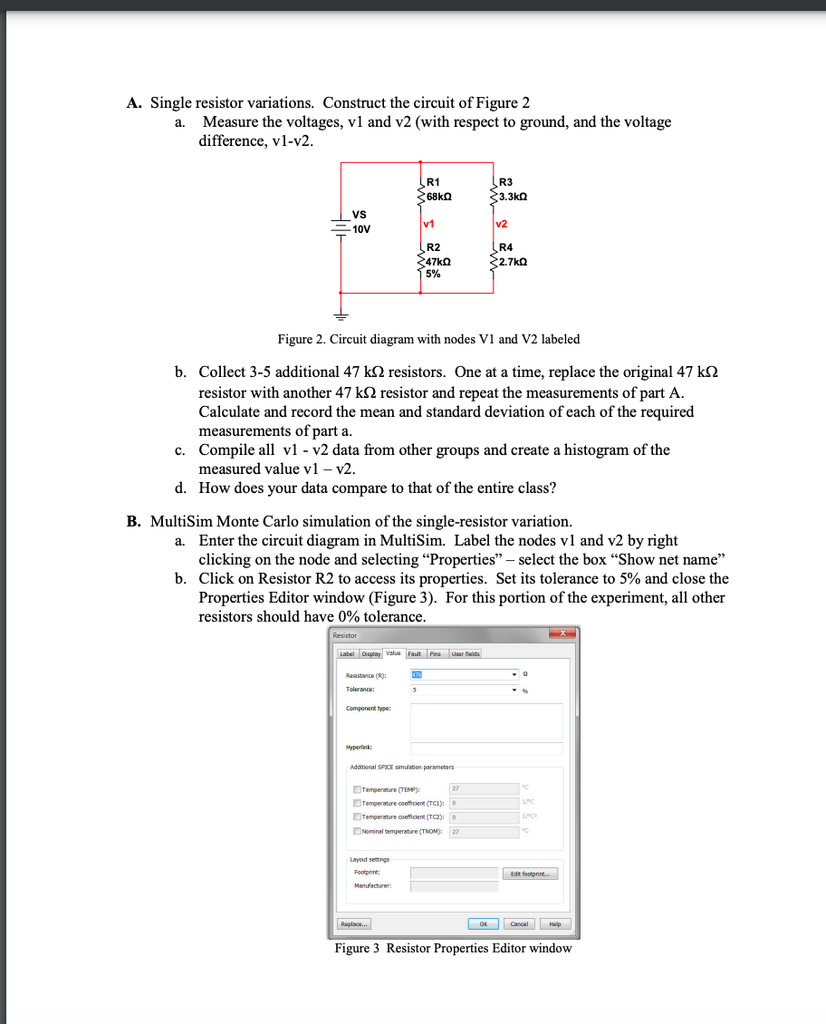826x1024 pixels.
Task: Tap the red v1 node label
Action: (428, 223)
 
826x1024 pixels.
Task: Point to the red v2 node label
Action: (502, 223)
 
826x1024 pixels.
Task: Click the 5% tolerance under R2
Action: (433, 273)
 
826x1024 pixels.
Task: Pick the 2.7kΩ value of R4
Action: (512, 261)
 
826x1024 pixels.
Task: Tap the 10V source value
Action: (361, 229)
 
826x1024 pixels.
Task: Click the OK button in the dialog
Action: (484, 924)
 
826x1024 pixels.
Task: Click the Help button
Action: (554, 924)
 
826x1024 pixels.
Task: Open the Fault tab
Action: (415, 653)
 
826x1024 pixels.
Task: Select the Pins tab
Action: (435, 653)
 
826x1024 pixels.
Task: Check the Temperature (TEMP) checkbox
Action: (357, 789)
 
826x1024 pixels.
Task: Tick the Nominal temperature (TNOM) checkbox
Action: (357, 831)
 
